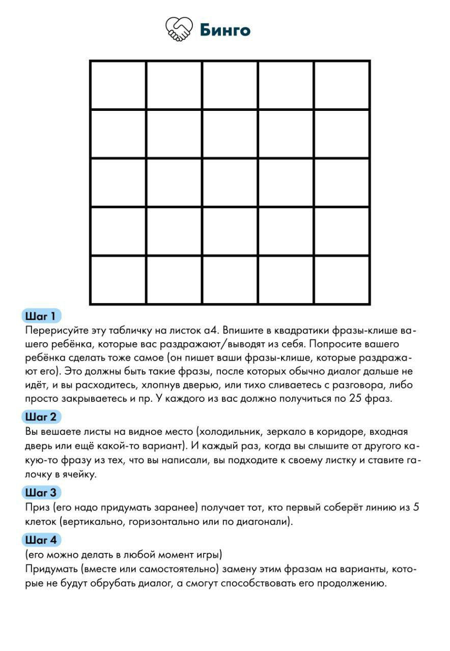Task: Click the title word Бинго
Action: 224,30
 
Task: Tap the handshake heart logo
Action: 179,29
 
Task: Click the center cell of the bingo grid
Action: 230,183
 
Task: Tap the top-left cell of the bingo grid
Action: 118,85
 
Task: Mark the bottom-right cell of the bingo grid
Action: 342,280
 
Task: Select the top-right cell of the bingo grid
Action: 342,85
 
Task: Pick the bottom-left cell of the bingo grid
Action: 118,280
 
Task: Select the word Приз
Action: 36,508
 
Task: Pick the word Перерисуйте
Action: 56,331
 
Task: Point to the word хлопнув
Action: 154,384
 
